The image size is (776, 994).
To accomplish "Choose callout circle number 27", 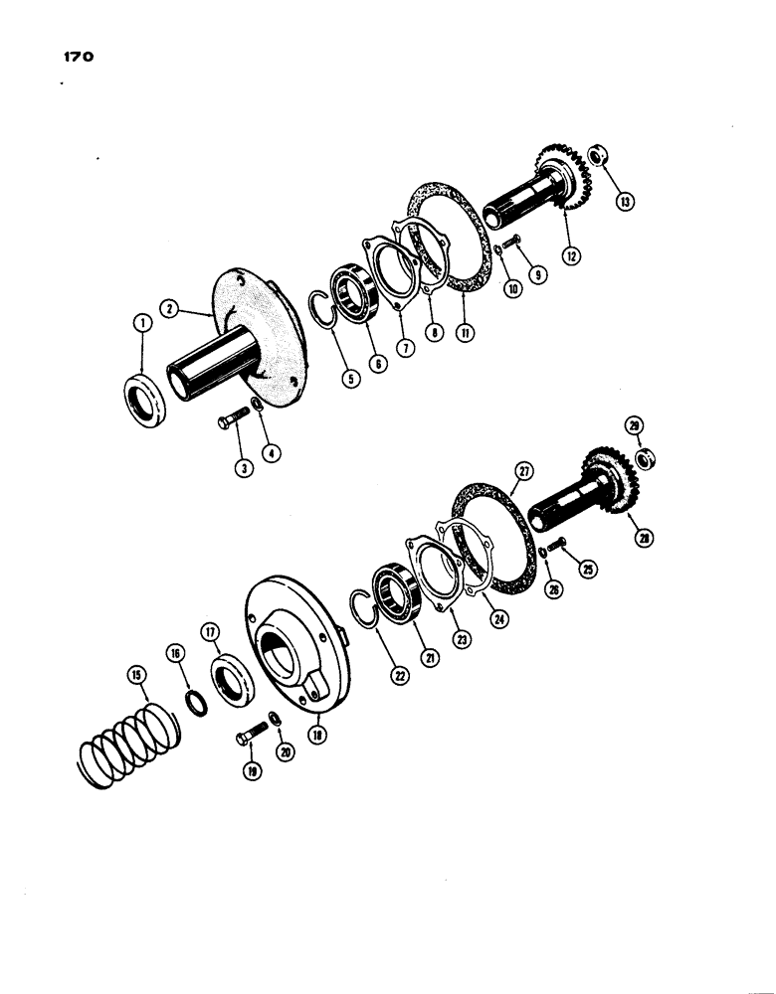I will click(524, 472).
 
